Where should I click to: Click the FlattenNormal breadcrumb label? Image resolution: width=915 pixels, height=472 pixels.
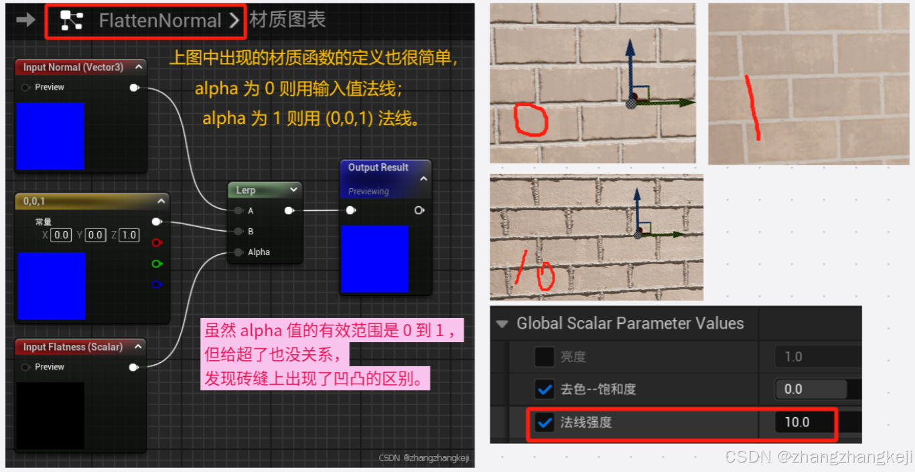click(x=159, y=21)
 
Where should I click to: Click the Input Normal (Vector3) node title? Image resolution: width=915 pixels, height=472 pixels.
click(x=73, y=67)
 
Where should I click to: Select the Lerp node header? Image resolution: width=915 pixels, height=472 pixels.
click(x=246, y=190)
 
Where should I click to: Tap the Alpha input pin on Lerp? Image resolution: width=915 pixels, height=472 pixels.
click(x=238, y=252)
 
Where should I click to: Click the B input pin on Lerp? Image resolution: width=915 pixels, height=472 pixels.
click(x=238, y=232)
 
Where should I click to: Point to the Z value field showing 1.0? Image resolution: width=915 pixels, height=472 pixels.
click(x=129, y=235)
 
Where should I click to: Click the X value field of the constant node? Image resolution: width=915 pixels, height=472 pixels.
click(x=61, y=235)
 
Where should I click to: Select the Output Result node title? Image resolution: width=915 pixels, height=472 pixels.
click(x=378, y=167)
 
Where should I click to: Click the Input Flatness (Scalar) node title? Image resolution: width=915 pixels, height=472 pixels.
click(x=72, y=347)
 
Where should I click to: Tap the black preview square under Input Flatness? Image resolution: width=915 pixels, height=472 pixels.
click(x=50, y=415)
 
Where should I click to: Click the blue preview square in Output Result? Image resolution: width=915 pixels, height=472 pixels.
click(x=374, y=259)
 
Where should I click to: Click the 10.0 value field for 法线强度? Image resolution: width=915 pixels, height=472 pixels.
click(x=797, y=422)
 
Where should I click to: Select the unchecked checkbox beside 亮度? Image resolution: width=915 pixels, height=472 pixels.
click(x=545, y=357)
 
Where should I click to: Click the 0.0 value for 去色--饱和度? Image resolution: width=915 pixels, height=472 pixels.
click(x=793, y=389)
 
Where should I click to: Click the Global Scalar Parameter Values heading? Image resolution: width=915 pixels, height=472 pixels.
click(x=630, y=323)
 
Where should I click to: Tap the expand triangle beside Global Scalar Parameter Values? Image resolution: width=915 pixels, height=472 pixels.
click(x=502, y=324)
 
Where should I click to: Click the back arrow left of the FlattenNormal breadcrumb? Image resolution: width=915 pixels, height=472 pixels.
click(x=25, y=20)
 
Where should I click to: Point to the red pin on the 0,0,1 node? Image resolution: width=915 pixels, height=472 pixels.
click(x=157, y=242)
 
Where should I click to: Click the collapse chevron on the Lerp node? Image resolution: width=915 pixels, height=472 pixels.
click(x=293, y=190)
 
